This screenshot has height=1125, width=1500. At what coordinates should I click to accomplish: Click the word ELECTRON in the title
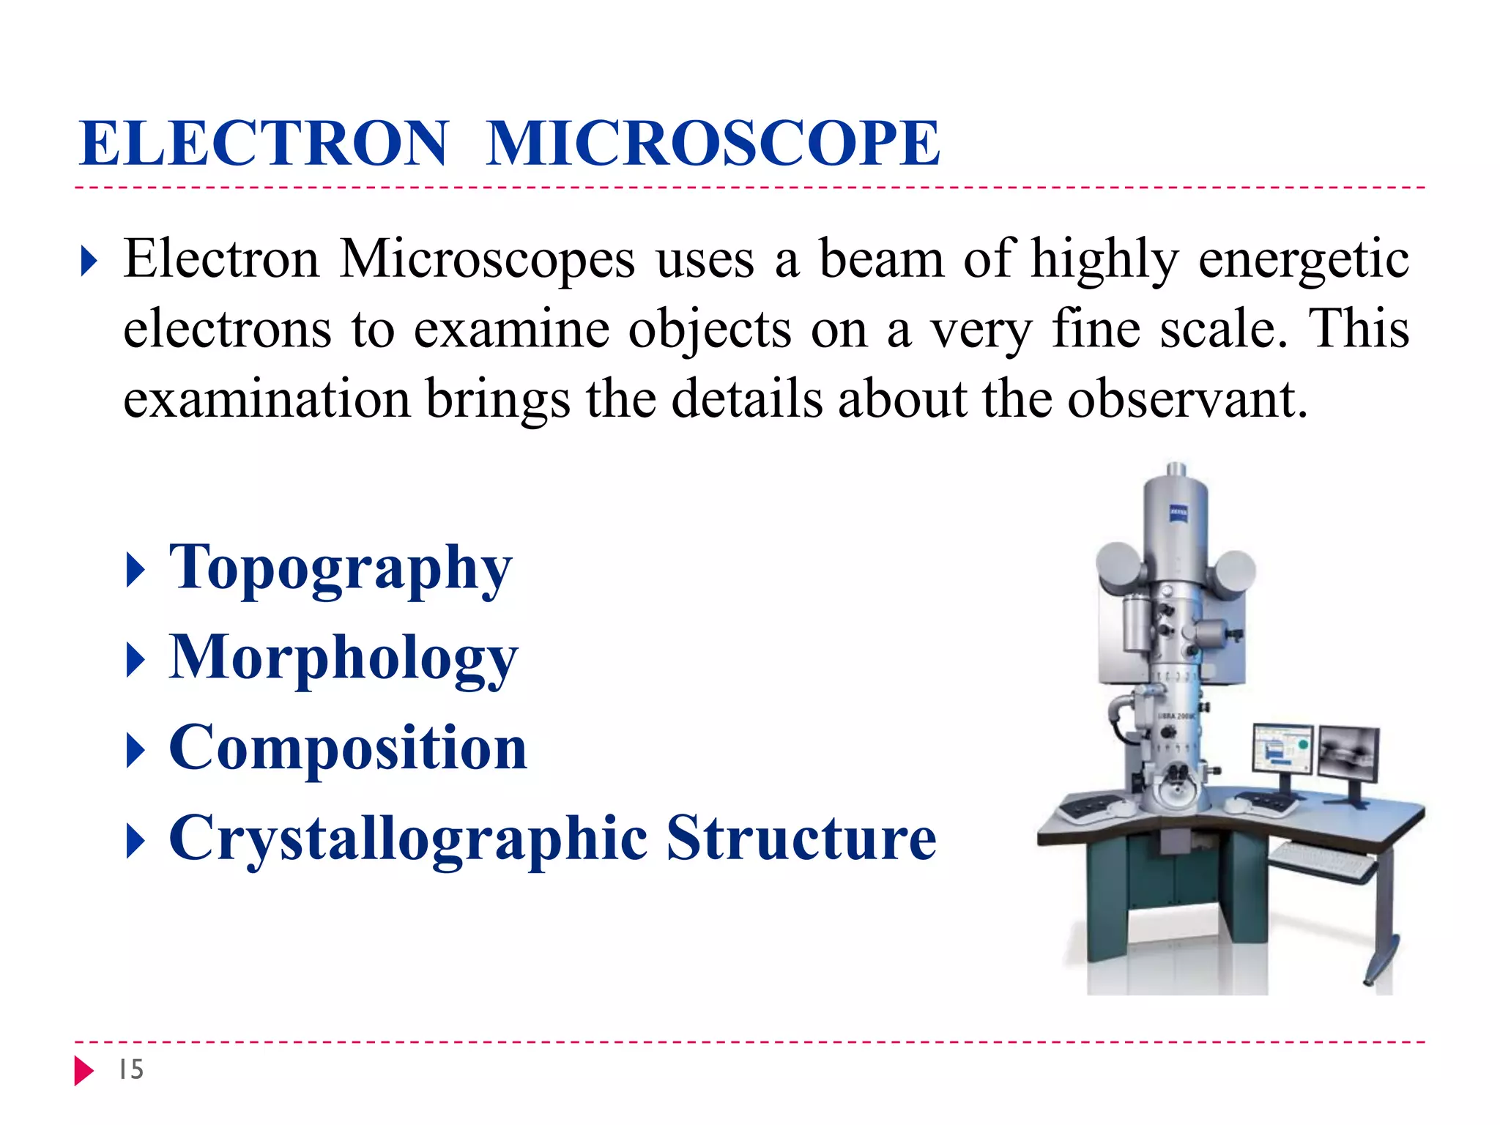click(264, 144)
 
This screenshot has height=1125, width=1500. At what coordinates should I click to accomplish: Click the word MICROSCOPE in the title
click(713, 144)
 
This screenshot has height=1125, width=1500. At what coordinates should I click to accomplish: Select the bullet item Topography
click(340, 568)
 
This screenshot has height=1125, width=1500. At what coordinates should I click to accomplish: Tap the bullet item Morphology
click(343, 658)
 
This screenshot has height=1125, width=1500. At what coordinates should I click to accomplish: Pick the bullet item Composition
click(348, 748)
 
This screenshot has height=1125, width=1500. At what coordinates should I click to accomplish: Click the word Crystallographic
click(408, 839)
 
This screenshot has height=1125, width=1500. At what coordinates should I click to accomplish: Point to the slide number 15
click(131, 1069)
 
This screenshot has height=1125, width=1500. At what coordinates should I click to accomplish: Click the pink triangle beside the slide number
click(83, 1070)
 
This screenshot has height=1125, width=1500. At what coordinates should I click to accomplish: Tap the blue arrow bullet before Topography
click(135, 570)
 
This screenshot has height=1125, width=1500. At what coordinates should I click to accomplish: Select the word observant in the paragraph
click(1187, 399)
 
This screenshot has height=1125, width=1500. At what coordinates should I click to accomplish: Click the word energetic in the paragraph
click(1303, 259)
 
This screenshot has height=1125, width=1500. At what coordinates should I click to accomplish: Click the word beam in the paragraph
click(882, 259)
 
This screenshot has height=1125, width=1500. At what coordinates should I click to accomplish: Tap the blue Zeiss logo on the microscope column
click(1178, 513)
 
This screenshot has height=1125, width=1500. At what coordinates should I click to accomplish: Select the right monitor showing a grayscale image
click(1348, 753)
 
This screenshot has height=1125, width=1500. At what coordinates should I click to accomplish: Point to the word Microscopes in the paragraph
click(487, 259)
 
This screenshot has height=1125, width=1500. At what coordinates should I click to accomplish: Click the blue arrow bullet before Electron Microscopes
click(89, 261)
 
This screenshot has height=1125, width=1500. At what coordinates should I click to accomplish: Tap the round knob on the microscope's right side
click(1235, 572)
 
